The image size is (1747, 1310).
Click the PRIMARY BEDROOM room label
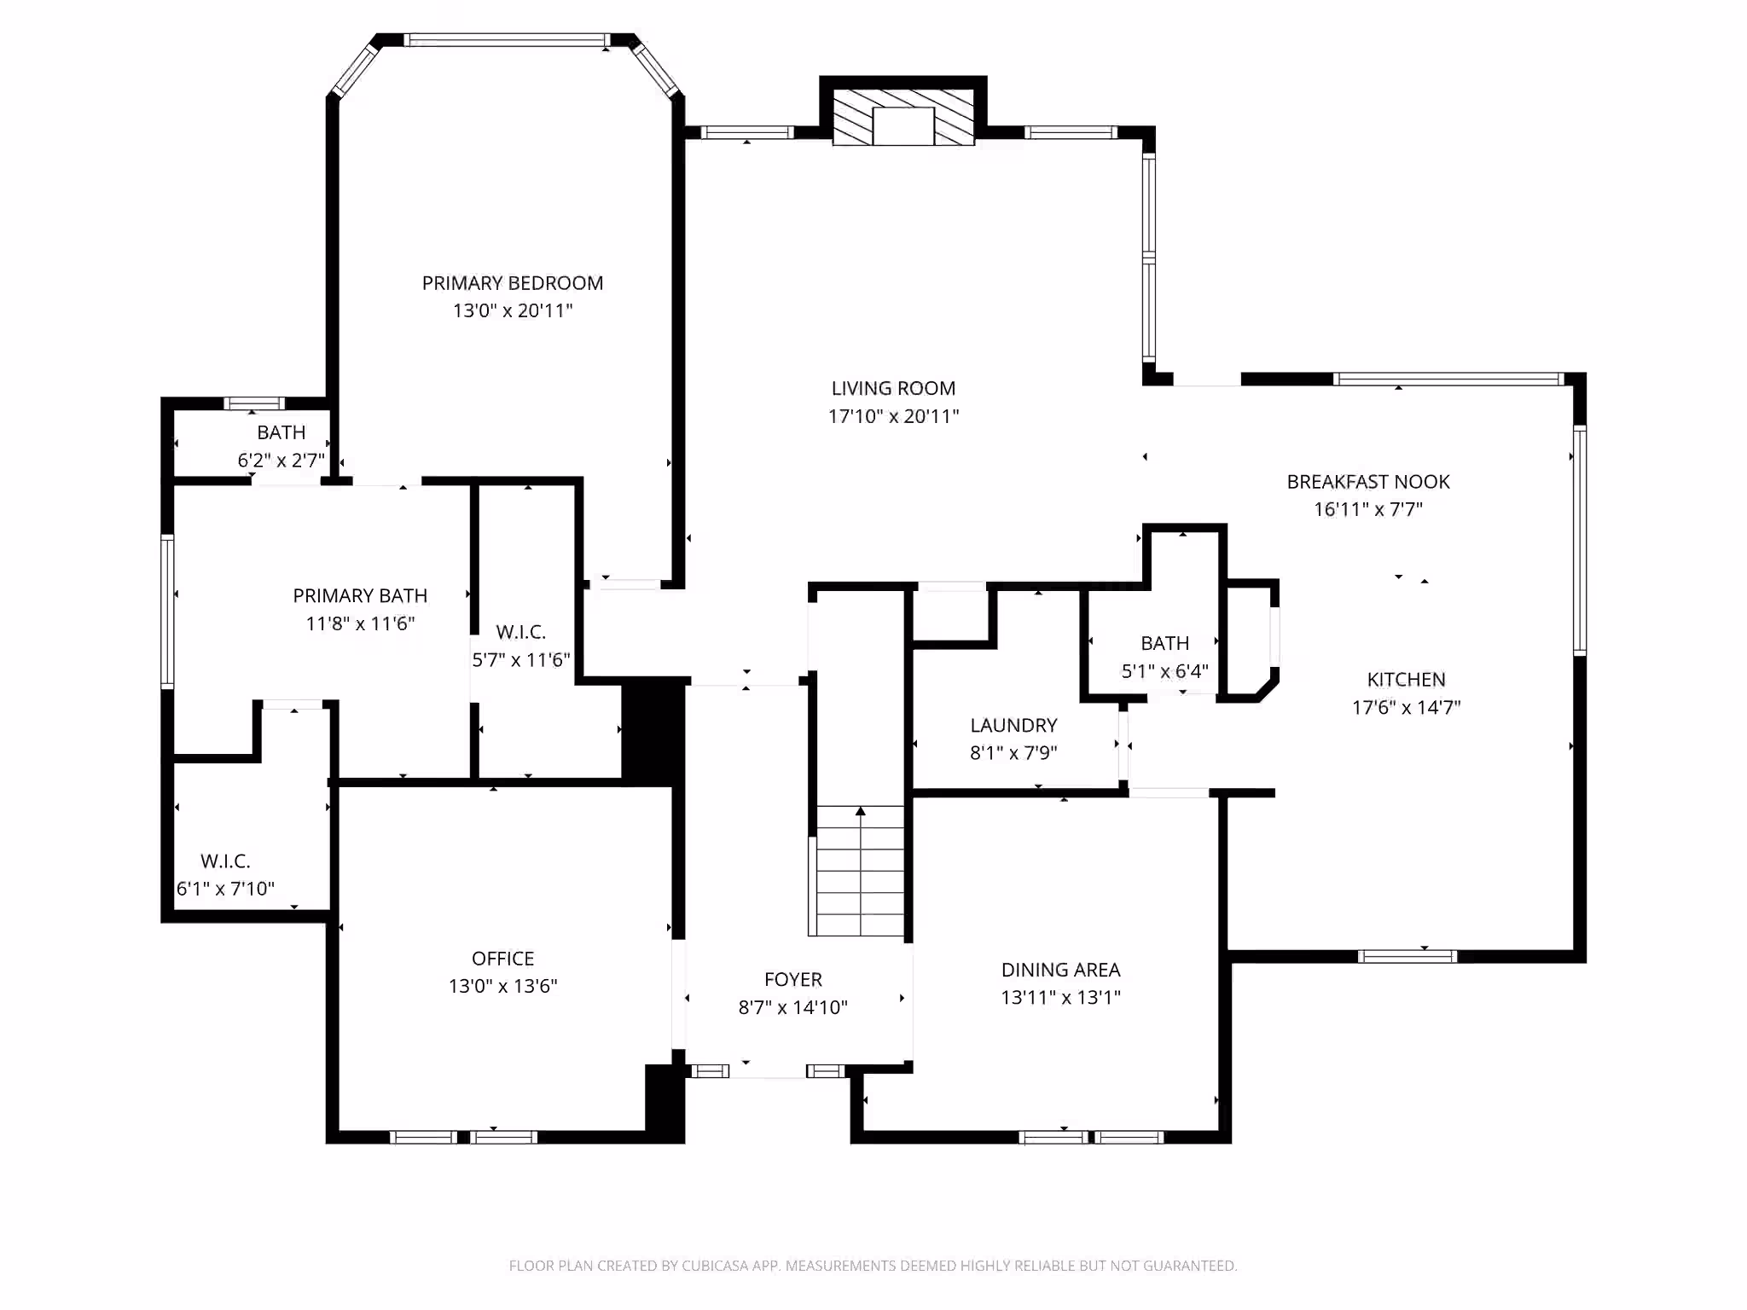[x=512, y=283]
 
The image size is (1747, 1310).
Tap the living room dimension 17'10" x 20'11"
[x=893, y=416]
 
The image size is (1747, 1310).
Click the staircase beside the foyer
[x=861, y=871]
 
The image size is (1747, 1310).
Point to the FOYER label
[x=793, y=979]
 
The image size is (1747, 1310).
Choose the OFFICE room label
[x=503, y=959]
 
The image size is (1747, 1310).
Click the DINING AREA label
[x=1060, y=970]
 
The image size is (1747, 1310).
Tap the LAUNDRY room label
[x=1013, y=725]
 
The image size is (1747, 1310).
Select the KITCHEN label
[x=1406, y=680]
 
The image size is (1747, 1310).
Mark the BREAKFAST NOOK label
[x=1368, y=482]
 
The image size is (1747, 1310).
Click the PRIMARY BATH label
[x=360, y=595]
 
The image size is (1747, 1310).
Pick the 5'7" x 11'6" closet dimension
[x=521, y=659]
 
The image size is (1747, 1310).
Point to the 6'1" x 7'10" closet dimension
[x=225, y=889]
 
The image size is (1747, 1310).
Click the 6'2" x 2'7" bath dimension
[x=281, y=461]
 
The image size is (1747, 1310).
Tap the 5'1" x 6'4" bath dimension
[x=1164, y=671]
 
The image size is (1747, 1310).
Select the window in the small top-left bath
[x=254, y=403]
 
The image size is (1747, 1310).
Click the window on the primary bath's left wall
[x=168, y=611]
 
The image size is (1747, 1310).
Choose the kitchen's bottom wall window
[x=1407, y=956]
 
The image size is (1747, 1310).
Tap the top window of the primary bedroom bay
[x=507, y=40]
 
